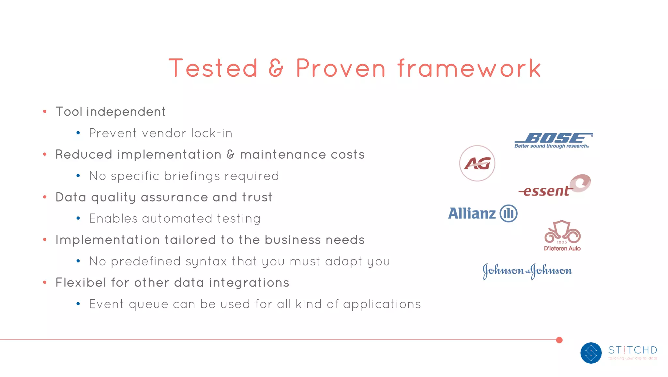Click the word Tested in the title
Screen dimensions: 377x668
[x=213, y=68]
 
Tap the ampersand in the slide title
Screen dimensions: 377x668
[x=276, y=68]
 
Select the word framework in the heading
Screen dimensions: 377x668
[x=469, y=68]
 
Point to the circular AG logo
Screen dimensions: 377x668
[x=477, y=163]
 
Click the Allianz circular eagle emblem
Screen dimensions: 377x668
[x=509, y=213]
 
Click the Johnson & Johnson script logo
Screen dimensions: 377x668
[x=527, y=271]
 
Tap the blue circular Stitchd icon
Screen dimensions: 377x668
[x=591, y=353]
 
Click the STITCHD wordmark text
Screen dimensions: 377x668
[x=632, y=350]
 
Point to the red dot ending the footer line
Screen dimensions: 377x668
[x=559, y=340]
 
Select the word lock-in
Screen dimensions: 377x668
[x=212, y=133]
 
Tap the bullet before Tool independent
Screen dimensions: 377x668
[x=45, y=112]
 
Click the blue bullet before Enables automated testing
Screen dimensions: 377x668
[x=78, y=218]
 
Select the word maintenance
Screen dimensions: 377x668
[x=283, y=154]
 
